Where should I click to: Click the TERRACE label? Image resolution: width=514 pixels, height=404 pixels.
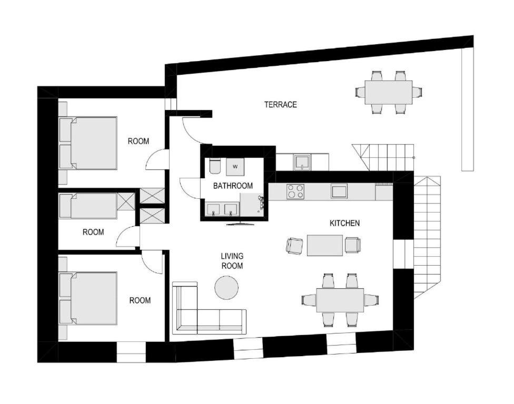281,105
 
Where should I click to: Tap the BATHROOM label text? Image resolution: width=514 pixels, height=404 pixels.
233,186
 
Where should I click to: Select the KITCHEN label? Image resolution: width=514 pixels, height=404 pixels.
344,223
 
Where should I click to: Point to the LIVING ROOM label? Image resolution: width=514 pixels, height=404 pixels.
232,260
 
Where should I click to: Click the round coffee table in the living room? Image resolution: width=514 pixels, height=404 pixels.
226,287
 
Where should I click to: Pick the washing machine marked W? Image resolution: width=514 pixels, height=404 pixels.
235,166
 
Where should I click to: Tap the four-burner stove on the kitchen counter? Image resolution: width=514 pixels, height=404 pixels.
295,191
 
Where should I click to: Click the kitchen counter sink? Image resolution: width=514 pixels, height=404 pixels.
339,191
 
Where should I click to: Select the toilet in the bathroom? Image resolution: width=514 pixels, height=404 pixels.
215,166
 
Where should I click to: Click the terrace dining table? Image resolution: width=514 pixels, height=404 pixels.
389,93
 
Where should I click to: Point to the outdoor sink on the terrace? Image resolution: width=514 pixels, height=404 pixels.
302,163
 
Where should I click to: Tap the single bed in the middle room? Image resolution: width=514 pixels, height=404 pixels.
88,206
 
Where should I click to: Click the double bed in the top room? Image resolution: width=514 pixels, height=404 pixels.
88,143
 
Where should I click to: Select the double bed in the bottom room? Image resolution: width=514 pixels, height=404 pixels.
88,298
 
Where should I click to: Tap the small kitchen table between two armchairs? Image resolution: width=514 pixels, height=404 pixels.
325,245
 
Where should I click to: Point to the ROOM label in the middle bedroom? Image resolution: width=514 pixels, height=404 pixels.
93,232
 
